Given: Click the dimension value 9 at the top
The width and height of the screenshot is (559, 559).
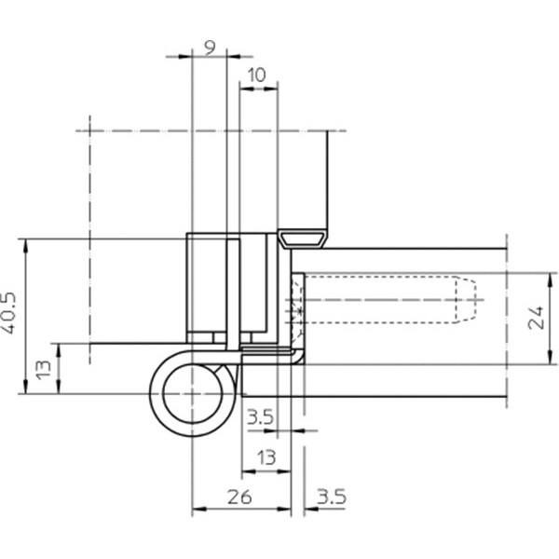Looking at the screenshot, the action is point(211,48).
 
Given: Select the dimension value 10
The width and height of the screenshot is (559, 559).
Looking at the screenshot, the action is point(257,75).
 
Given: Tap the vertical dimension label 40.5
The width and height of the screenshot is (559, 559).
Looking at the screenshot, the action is point(8,313).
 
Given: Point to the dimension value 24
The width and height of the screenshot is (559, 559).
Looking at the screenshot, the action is point(537,318).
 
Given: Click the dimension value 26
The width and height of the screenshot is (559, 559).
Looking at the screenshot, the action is point(239,497).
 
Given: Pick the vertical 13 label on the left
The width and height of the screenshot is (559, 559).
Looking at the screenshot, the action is point(44,370).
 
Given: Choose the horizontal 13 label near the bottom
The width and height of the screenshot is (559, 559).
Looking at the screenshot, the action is point(266,457).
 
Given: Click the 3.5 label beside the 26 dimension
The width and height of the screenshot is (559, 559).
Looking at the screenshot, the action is point(332,497).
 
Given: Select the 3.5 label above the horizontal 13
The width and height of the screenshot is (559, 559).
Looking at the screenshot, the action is point(260,416).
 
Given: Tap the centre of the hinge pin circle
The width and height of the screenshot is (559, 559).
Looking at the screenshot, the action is point(193,393).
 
